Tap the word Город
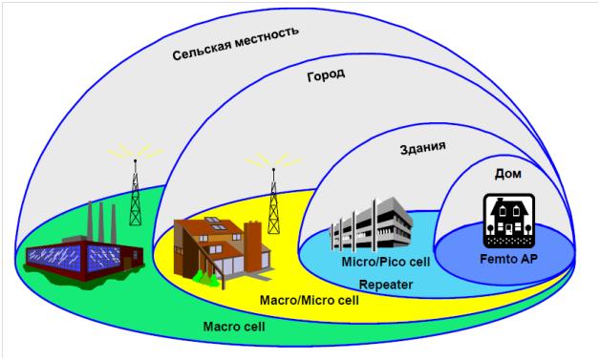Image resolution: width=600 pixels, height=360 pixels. (x=326, y=74)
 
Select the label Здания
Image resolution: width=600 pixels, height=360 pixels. (x=423, y=147)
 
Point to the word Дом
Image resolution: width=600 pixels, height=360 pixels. (x=508, y=174)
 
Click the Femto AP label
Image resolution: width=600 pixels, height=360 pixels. (x=509, y=259)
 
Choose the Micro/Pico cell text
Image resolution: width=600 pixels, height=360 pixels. (x=386, y=262)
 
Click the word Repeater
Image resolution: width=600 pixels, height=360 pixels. (x=386, y=285)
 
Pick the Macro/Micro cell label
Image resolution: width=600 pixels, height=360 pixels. (x=310, y=301)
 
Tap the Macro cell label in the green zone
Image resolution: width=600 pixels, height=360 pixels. (x=234, y=327)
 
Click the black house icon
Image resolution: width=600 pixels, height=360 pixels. (x=509, y=221)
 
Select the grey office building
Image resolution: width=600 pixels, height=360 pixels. (x=371, y=223)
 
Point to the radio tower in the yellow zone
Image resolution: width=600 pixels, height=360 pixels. (x=273, y=201)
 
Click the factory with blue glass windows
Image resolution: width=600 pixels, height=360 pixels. (x=84, y=244)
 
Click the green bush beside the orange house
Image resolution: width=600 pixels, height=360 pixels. (x=205, y=278)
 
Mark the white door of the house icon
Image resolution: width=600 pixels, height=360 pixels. (x=508, y=229)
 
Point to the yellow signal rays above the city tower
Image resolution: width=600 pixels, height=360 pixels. (x=273, y=159)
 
